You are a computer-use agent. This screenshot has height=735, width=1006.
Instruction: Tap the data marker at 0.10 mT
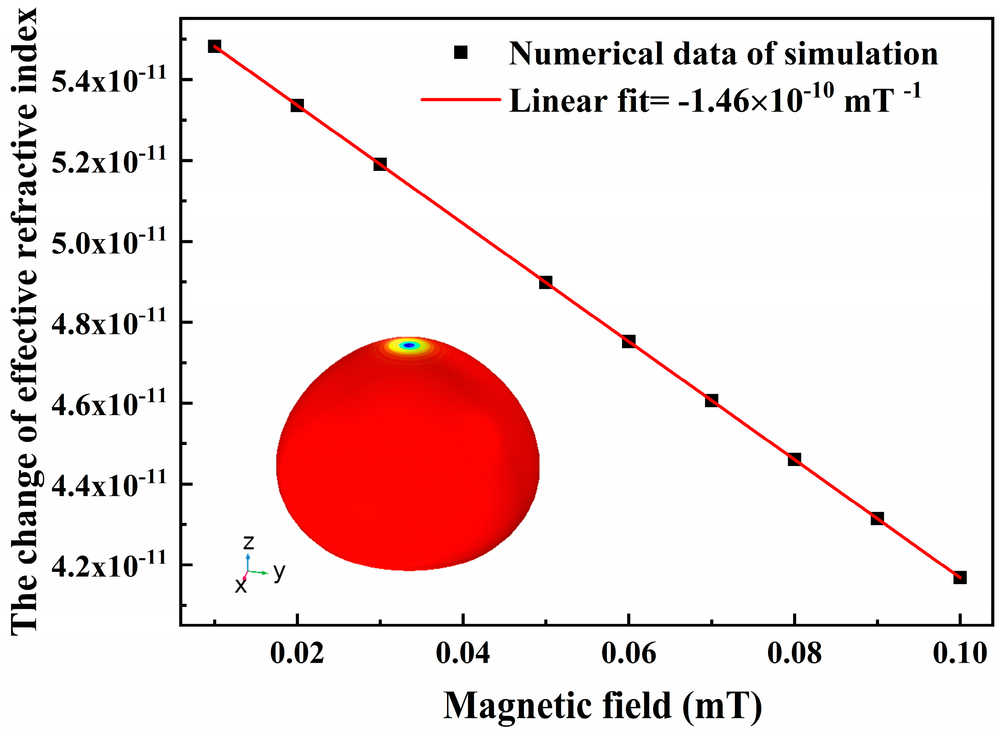tap(960, 578)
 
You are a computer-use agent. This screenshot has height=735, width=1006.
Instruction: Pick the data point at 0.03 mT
tap(380, 164)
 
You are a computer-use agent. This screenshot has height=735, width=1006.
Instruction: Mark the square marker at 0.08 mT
tap(794, 459)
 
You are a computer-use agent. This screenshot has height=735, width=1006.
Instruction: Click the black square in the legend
tap(461, 52)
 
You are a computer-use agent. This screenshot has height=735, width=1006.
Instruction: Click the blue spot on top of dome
tap(409, 345)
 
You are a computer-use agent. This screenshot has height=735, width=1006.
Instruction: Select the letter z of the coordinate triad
tap(248, 542)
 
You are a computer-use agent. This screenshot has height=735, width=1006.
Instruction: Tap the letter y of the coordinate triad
tap(279, 571)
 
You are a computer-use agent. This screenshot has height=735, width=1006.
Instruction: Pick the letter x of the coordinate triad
tap(241, 585)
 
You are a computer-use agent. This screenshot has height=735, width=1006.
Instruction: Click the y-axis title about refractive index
tap(25, 320)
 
